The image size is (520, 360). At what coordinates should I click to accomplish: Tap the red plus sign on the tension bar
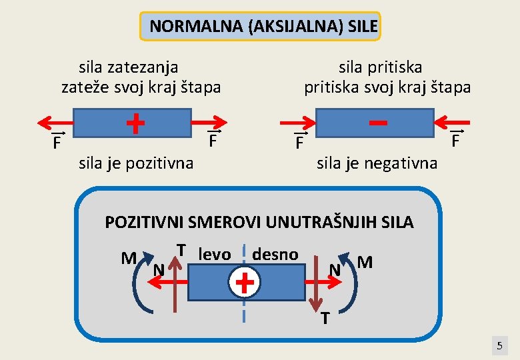[x=135, y=123]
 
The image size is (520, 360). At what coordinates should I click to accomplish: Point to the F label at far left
[x=58, y=143]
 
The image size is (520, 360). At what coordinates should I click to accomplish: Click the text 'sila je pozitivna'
[x=136, y=162]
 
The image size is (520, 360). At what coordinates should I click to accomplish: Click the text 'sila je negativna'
[x=377, y=163]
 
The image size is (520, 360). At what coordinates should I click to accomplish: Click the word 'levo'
[x=215, y=254]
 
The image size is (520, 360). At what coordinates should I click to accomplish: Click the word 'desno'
[x=275, y=254]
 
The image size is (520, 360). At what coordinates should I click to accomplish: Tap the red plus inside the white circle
[x=245, y=283]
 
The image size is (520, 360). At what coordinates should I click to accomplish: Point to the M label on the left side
[x=129, y=258]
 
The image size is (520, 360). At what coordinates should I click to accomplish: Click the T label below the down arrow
[x=325, y=319]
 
